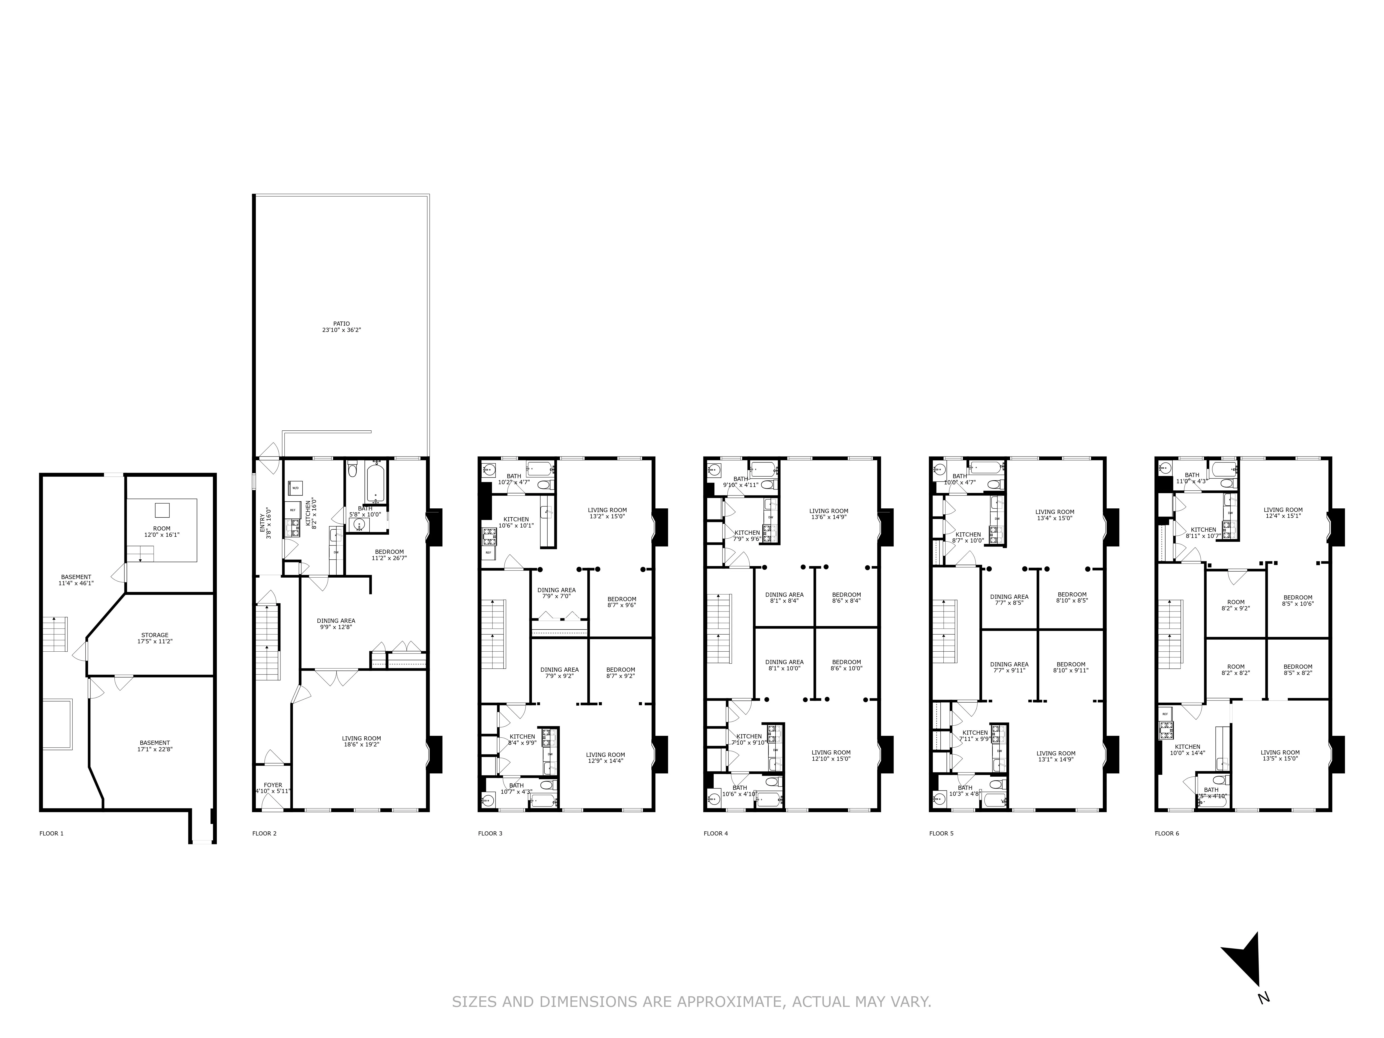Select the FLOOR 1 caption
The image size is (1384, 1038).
[x=51, y=833]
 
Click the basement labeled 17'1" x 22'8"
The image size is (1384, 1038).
[x=155, y=746]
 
